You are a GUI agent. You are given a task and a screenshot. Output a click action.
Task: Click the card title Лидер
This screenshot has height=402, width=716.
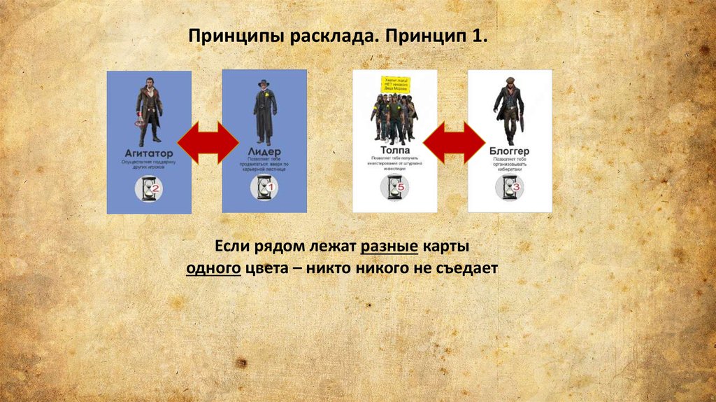(264, 151)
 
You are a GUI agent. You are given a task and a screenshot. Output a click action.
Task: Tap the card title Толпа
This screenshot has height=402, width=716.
(394, 149)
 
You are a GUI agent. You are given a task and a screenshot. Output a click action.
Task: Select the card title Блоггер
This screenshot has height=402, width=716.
(510, 151)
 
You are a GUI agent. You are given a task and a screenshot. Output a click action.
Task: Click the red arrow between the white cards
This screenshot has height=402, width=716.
(453, 142)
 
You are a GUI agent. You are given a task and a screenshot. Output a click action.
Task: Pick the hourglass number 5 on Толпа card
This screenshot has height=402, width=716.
(400, 187)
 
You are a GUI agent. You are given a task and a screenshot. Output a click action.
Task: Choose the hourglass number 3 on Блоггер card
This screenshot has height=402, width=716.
(515, 187)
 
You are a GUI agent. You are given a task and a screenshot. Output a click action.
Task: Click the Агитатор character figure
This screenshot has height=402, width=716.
(149, 109)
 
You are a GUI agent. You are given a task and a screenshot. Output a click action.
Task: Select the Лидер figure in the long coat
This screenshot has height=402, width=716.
(264, 112)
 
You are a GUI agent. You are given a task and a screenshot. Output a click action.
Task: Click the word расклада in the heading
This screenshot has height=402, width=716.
(337, 36)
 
